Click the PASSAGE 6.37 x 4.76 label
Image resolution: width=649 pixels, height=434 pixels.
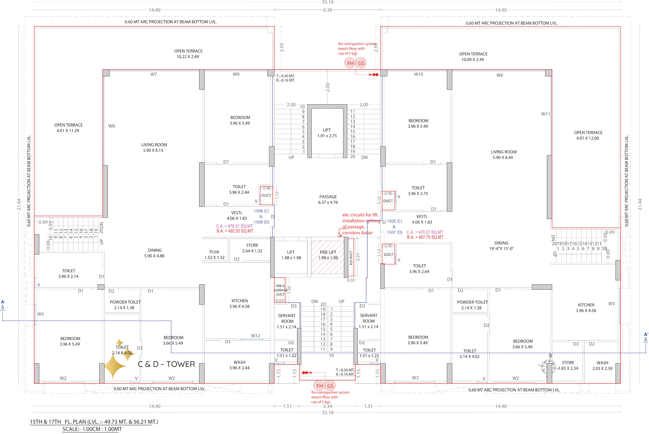(328, 199)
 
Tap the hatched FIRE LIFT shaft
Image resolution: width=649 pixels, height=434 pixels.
(328, 257)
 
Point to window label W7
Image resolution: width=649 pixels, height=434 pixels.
(154, 74)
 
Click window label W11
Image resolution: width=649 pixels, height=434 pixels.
(546, 114)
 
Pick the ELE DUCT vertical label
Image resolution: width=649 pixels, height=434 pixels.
(351, 258)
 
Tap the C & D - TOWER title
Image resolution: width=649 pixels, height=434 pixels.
(166, 364)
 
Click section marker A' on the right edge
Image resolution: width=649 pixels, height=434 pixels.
(646, 335)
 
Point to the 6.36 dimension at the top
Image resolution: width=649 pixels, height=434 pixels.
(328, 10)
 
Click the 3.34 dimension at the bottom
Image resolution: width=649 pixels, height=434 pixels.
(328, 406)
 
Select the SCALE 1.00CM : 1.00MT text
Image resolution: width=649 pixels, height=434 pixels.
(92, 429)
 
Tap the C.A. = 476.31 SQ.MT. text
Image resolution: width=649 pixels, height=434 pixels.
(235, 226)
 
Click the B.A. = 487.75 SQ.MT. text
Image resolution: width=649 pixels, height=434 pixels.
(426, 237)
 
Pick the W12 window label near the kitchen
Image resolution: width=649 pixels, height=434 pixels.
(256, 336)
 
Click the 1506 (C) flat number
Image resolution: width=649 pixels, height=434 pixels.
(261, 211)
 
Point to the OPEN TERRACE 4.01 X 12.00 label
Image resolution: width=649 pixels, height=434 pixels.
(588, 135)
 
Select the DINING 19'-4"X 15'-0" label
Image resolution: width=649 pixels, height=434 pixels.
(501, 246)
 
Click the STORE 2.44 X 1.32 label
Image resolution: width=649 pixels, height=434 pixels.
(252, 248)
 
